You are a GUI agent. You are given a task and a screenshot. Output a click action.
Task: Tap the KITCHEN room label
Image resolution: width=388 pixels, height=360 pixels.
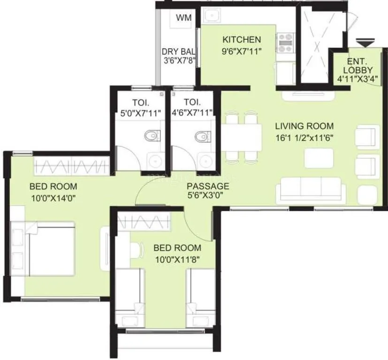242,39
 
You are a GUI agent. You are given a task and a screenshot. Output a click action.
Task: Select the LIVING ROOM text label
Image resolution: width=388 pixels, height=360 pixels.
304,126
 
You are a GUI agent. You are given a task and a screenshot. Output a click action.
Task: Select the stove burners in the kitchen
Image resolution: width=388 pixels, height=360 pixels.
284,43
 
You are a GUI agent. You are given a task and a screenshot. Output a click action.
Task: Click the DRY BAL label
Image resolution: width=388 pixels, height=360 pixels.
178,52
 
